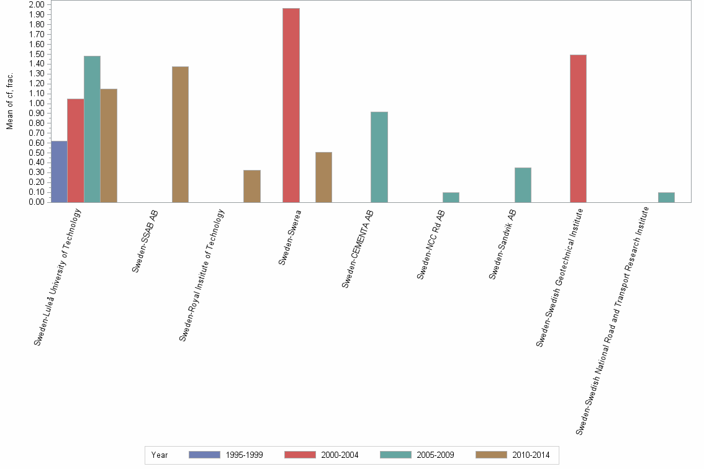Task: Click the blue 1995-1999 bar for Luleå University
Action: click(59, 171)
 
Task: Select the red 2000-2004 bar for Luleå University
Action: click(76, 150)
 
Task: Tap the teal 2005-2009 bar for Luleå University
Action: click(92, 129)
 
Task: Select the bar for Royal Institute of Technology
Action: click(252, 186)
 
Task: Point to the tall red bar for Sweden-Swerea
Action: click(291, 105)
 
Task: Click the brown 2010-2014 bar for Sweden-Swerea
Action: click(323, 177)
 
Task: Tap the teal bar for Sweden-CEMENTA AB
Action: click(379, 157)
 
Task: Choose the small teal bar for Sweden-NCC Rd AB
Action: click(451, 197)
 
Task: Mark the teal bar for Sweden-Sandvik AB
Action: click(523, 185)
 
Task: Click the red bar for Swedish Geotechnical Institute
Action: click(578, 128)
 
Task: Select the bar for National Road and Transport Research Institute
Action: click(666, 197)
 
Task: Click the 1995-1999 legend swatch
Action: click(204, 455)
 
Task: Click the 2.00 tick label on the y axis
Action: click(37, 5)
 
